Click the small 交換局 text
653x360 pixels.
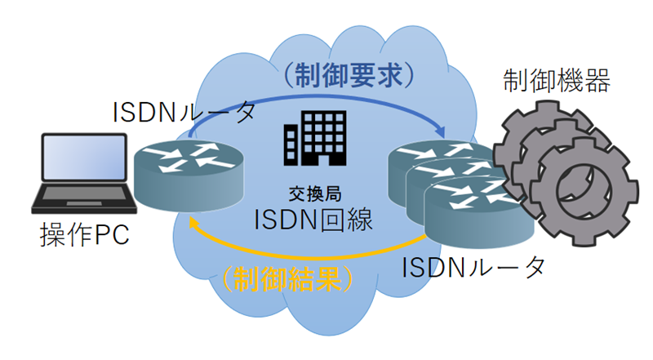point(313,193)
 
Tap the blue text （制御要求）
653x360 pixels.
point(350,76)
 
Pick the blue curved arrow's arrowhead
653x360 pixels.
point(441,131)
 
